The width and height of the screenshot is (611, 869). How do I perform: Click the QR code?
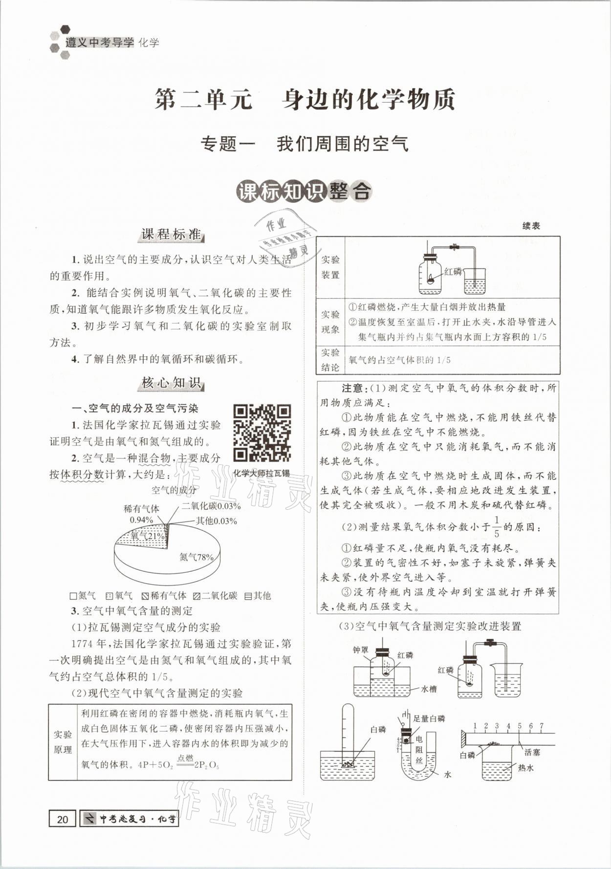pos(262,433)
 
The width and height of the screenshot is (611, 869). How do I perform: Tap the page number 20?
pos(62,819)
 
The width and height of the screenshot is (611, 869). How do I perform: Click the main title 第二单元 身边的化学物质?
pos(305,99)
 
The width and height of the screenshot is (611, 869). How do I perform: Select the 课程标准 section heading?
pos(171,235)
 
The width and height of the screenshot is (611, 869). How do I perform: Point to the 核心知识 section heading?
pos(171,383)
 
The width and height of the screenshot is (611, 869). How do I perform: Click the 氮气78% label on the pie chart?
pos(196,557)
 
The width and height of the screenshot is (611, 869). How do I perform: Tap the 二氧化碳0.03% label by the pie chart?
pos(211,506)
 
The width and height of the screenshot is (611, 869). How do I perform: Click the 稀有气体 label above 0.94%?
pos(141,509)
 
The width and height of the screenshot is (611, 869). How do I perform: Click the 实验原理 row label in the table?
pos(63,742)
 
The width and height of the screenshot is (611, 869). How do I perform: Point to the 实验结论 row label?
pos(330,360)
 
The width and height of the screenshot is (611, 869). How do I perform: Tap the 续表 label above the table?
pos(531,226)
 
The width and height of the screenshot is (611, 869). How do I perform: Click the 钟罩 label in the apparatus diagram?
pos(361,650)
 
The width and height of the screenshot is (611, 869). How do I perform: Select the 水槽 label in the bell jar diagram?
pos(428,689)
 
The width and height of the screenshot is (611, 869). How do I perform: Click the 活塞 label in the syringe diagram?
pos(532,752)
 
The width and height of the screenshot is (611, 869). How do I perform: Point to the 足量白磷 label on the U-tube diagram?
pos(429,718)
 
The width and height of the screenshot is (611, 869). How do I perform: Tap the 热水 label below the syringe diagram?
pos(526,768)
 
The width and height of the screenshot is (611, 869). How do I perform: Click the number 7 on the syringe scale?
pos(542,726)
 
